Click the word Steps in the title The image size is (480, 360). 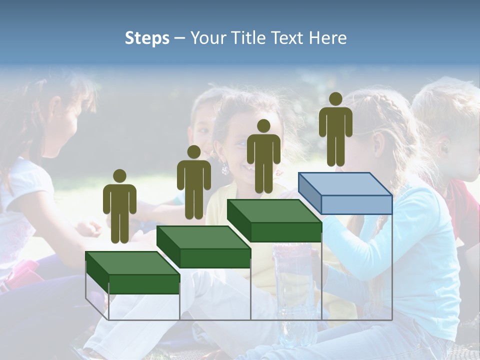tap(147, 38)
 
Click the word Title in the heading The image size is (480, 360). tap(248, 38)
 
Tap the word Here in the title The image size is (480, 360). tap(327, 38)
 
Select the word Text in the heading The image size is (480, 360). tap(288, 38)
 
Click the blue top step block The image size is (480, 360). tap(345, 185)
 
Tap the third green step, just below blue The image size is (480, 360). tap(274, 212)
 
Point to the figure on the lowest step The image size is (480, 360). tap(119, 206)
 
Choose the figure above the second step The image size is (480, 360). tap(193, 182)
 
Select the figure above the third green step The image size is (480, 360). tap(263, 156)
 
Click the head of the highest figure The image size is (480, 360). tap(335, 99)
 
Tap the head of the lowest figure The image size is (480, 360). tap(119, 176)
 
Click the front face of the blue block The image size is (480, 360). tap(356, 204)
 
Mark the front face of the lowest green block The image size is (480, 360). tap(144, 283)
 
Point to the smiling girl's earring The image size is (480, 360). tap(225, 169)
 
